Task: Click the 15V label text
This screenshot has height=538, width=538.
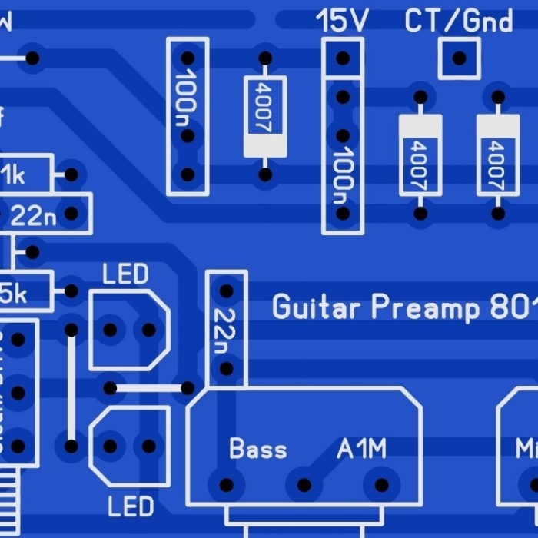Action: pyautogui.click(x=342, y=21)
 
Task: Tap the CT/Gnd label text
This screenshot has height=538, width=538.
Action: pyautogui.click(x=459, y=21)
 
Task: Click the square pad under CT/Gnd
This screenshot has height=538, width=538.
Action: pyautogui.click(x=459, y=58)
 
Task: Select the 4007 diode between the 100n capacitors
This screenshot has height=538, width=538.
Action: pyautogui.click(x=264, y=116)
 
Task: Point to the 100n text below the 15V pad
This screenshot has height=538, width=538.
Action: pyautogui.click(x=342, y=175)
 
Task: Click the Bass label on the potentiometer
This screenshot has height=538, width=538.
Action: pyautogui.click(x=257, y=449)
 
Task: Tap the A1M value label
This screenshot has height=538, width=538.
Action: pyautogui.click(x=361, y=449)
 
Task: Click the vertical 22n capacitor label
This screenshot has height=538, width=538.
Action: pyautogui.click(x=225, y=330)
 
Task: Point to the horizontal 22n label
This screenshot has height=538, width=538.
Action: pyautogui.click(x=34, y=215)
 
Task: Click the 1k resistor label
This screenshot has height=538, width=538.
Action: pyautogui.click(x=12, y=175)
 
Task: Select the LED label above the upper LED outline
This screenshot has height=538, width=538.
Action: pyautogui.click(x=125, y=274)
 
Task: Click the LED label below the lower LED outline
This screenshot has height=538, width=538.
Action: pyautogui.click(x=131, y=507)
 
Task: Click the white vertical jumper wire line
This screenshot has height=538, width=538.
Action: pyautogui.click(x=71, y=388)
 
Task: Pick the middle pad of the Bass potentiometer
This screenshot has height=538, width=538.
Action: pyautogui.click(x=304, y=485)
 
